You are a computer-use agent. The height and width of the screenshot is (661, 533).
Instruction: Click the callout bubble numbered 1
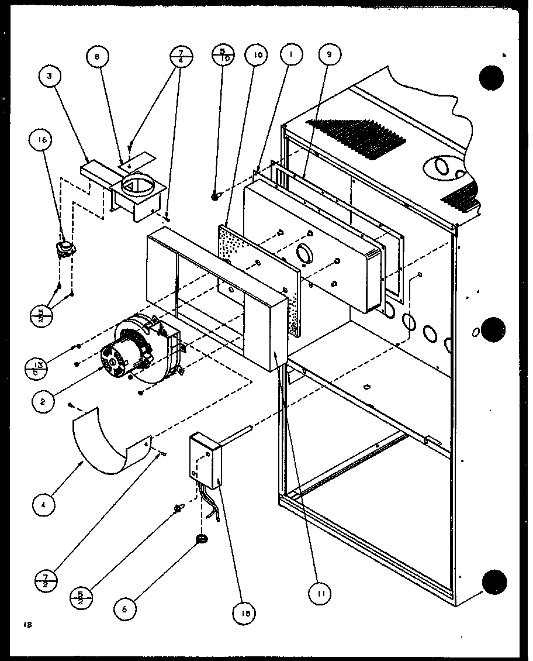(x=290, y=56)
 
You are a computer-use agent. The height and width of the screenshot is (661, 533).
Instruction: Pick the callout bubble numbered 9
(x=329, y=56)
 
